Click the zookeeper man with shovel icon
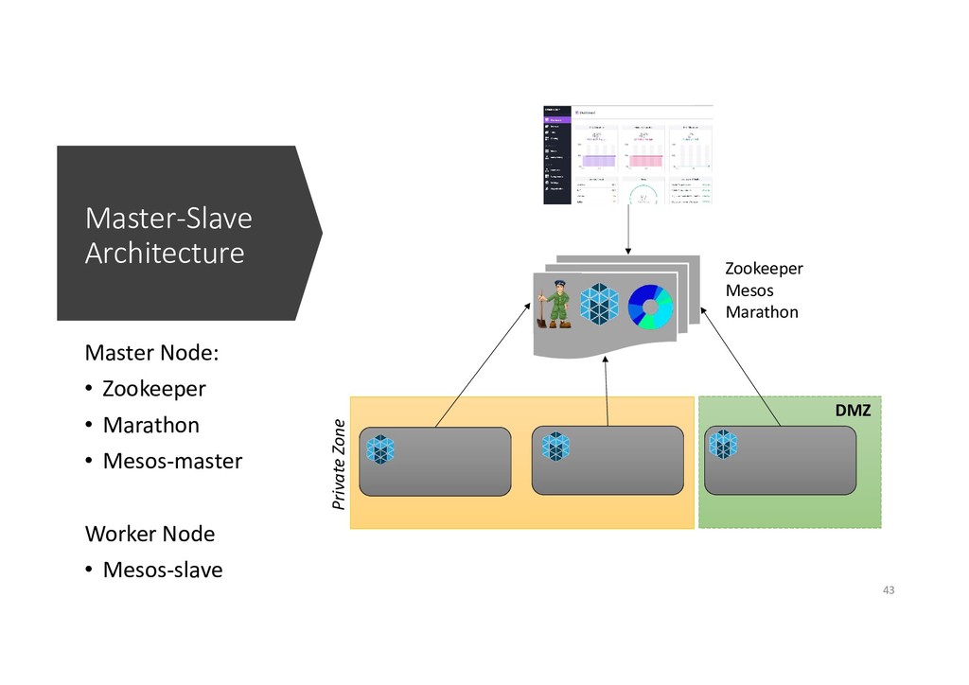(555, 303)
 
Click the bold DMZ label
(852, 412)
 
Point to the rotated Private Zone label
(340, 463)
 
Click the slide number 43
(888, 590)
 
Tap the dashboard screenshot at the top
(627, 154)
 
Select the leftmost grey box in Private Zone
(435, 462)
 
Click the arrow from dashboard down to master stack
(628, 230)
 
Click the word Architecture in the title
(165, 254)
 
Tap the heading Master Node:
(151, 353)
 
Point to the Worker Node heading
(150, 534)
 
